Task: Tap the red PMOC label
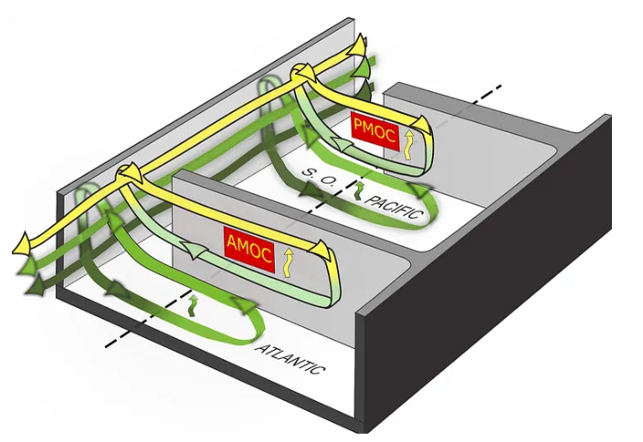point(374,128)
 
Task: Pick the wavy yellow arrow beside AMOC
point(290,261)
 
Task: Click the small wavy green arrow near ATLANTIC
point(193,304)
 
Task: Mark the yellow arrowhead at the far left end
point(21,245)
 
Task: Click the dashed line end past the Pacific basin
point(499,88)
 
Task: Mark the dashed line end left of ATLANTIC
point(108,346)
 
